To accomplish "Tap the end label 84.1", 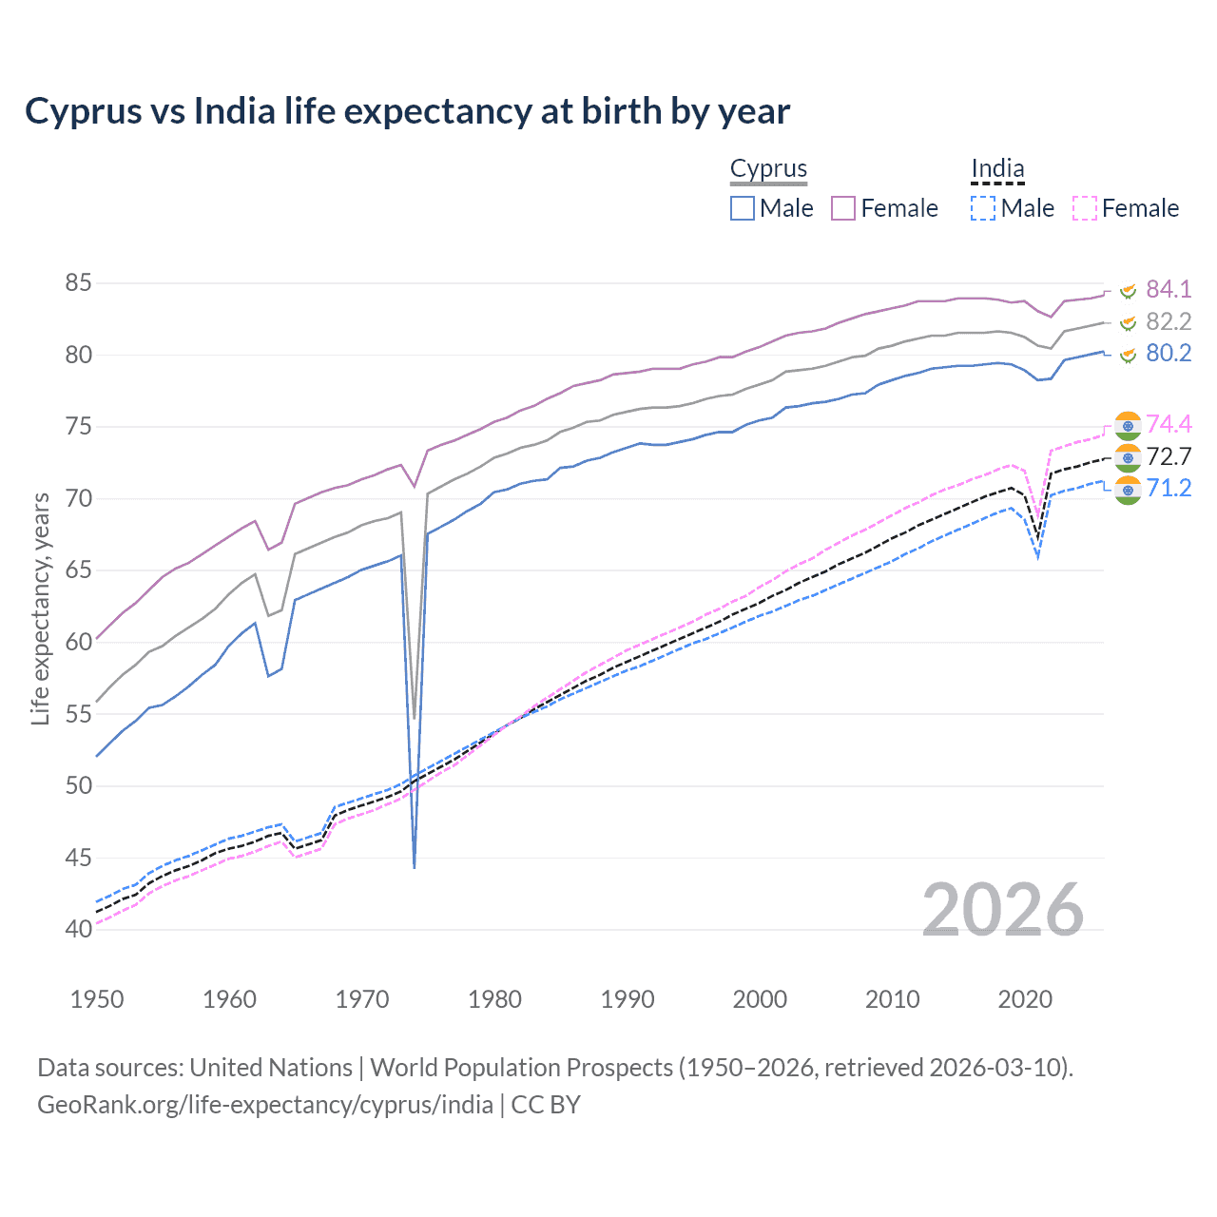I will (x=1168, y=289).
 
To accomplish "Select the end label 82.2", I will (x=1168, y=321).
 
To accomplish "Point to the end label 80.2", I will (x=1168, y=354).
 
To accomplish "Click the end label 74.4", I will (x=1168, y=424).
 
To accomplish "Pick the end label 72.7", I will (x=1168, y=456).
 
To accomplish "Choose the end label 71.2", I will (x=1168, y=489).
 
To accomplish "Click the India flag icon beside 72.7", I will (x=1128, y=457).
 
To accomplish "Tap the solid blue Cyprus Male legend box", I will (x=743, y=208).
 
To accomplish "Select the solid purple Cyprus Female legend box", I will (x=843, y=208).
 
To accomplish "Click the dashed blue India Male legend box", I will (x=983, y=208).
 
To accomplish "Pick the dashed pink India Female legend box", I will (x=1084, y=208).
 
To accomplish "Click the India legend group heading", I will (x=997, y=168).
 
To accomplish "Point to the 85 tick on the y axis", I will (x=78, y=283).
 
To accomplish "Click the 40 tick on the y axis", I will (x=78, y=929).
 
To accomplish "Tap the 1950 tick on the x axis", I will (x=97, y=999).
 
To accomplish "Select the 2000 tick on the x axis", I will (x=760, y=999).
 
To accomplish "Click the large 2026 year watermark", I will (x=1002, y=910).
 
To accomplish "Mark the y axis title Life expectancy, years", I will (x=40, y=608).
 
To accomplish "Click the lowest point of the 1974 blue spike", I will (x=415, y=867).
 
